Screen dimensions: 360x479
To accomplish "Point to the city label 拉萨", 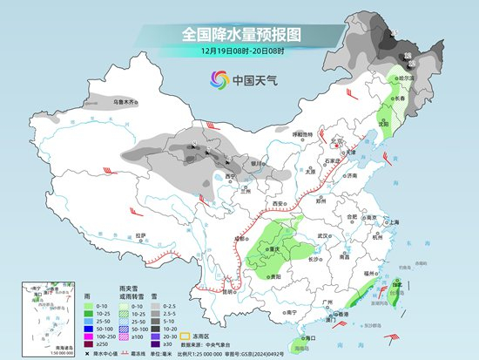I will pos(141,234).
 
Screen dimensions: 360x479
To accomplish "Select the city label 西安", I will pos(278,202).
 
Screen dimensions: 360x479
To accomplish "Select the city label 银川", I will pos(256,163).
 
